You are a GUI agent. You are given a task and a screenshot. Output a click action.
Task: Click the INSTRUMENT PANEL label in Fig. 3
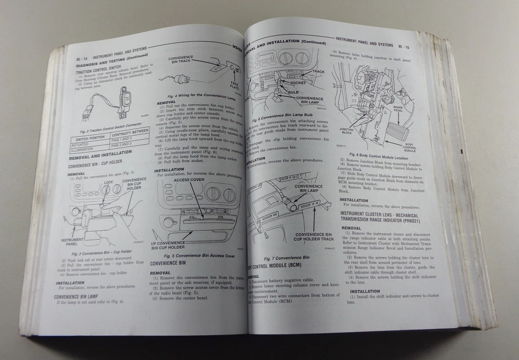tap(71, 242)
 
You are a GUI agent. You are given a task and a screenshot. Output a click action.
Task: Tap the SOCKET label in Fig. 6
tap(298, 83)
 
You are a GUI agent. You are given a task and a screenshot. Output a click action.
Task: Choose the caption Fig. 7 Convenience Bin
tap(287, 258)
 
